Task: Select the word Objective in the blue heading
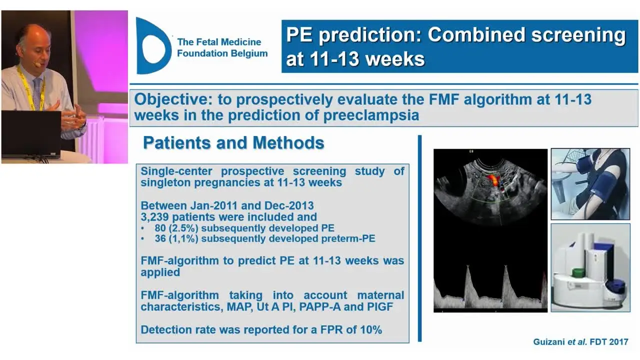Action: [173, 99]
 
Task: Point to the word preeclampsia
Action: [371, 115]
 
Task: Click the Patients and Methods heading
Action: [233, 142]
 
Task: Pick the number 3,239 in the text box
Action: [154, 217]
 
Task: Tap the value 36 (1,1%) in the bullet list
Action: [176, 238]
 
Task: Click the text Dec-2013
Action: [289, 205]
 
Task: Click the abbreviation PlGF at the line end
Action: [380, 307]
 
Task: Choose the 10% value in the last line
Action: [371, 330]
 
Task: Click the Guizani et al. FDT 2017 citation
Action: [580, 342]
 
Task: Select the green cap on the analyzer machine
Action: [578, 272]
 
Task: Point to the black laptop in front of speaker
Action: [31, 133]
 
